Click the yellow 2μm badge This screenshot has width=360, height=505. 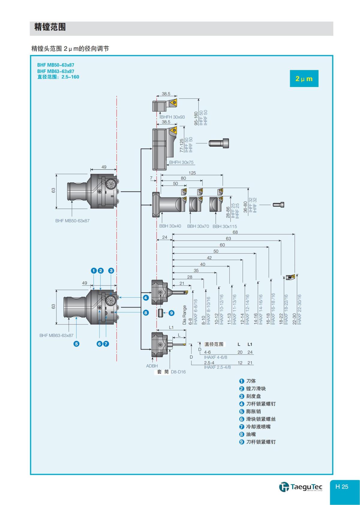pos(304,79)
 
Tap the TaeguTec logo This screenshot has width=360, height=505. pos(301,486)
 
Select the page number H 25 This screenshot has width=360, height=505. pos(342,487)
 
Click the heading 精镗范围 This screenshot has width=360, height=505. pos(50,27)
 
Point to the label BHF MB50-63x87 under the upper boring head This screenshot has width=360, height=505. pos(72,221)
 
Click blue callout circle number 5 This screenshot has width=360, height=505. pos(76,344)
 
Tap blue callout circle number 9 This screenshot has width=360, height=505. pos(171,313)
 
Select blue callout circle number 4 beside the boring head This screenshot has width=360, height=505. pos(145,298)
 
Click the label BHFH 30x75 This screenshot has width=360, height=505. pos(181,162)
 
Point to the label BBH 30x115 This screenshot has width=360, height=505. pos(225,226)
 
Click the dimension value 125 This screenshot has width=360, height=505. pos(192,173)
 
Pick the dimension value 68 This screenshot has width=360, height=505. pos(235,232)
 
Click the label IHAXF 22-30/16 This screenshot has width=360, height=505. pos(299,309)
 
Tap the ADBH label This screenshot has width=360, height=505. pos(152,366)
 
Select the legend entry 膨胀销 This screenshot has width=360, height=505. pos(253,411)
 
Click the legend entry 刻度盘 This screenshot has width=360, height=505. pos(253,396)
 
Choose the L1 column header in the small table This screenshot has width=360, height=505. pos(250,344)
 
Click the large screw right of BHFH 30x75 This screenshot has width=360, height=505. pos(219,143)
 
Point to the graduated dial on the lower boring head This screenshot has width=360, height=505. pos(111,300)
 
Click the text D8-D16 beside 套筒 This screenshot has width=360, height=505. pos(178,372)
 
